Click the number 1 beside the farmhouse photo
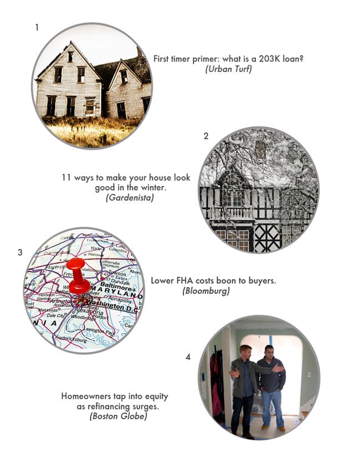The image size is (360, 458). click(37, 27)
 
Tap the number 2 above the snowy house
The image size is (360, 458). click(206, 136)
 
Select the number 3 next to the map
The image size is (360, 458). click(20, 253)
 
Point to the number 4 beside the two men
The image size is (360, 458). click(188, 357)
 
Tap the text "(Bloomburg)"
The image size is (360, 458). click(205, 290)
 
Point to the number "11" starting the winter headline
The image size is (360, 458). click(66, 178)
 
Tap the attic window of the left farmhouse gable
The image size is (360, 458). click(70, 56)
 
